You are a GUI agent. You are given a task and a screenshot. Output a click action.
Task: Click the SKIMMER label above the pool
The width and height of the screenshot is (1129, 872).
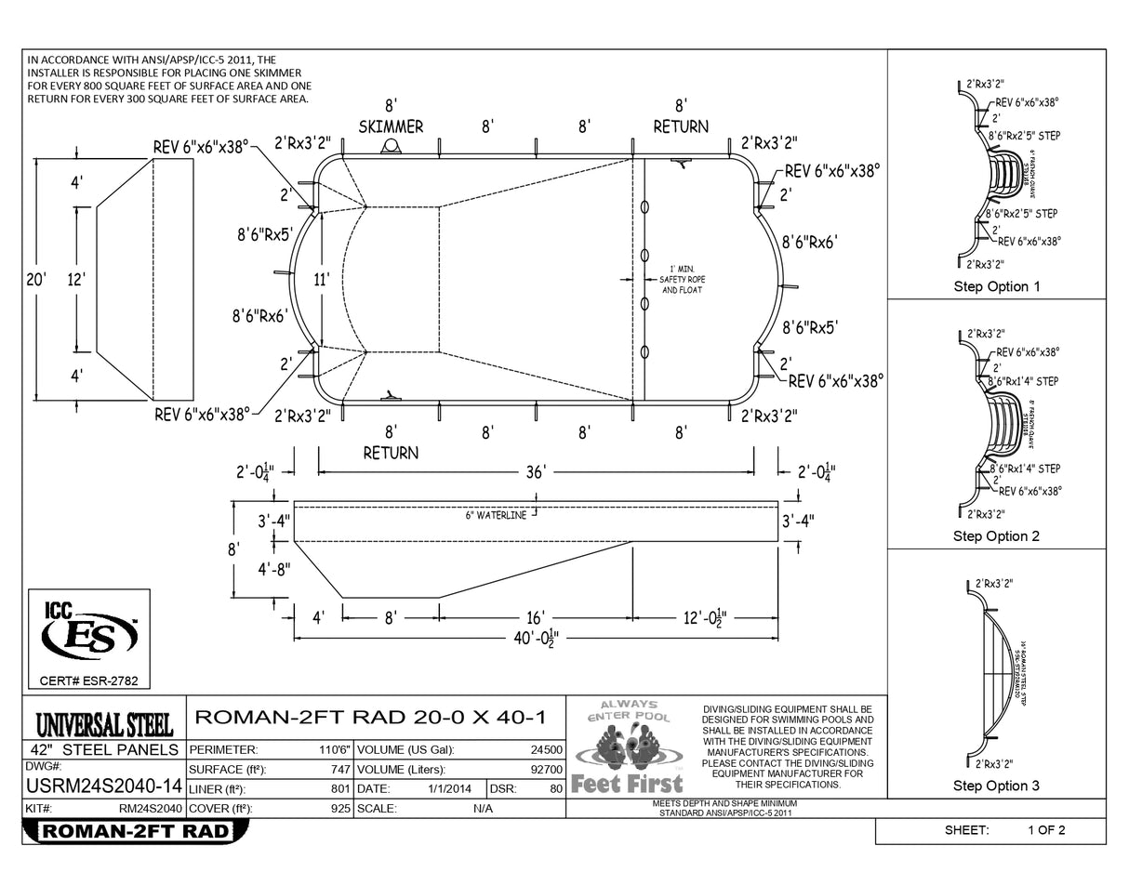tap(391, 126)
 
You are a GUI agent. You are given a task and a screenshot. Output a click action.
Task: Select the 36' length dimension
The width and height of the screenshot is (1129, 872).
tap(535, 472)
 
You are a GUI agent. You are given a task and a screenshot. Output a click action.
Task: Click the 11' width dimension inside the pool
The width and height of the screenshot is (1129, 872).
tap(322, 277)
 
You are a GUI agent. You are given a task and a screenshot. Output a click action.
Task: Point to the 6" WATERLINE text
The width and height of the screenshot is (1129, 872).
tap(497, 515)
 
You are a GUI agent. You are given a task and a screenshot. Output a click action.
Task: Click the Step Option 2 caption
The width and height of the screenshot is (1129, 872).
tap(996, 536)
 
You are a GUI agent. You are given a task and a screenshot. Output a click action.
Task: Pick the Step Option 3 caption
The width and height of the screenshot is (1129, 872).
tap(996, 786)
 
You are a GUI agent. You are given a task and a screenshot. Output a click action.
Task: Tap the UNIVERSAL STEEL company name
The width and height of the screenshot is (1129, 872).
tap(103, 724)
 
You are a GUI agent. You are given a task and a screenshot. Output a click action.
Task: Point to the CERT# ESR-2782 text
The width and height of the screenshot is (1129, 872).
tap(88, 681)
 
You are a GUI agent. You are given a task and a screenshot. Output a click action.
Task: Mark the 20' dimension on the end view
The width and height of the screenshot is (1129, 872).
tap(36, 278)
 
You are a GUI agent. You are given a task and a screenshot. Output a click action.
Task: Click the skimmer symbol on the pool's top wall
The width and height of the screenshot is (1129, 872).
tap(392, 148)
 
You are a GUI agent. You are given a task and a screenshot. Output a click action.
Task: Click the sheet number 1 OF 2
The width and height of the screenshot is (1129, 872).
tap(1046, 830)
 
